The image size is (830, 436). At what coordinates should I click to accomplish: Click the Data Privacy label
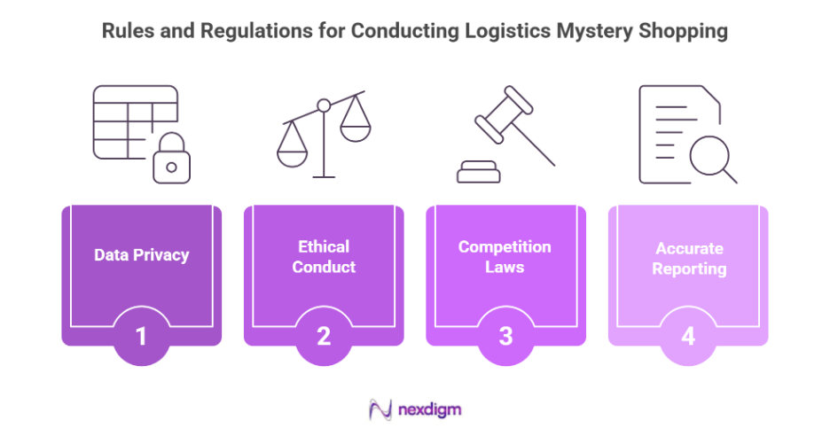[141, 255]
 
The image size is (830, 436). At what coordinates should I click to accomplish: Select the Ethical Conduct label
[324, 256]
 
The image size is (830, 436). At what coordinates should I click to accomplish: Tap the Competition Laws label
[505, 256]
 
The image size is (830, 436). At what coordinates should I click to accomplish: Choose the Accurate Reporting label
[688, 259]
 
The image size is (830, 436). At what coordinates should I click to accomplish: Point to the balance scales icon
[324, 133]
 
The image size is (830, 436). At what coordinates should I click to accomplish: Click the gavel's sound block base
[480, 171]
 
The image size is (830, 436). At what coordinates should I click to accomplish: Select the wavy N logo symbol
[380, 409]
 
